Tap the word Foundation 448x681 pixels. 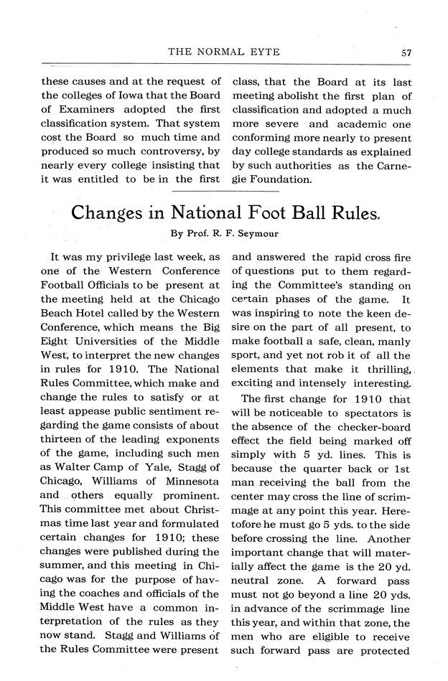[279, 180]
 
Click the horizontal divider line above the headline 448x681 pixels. [223, 192]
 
